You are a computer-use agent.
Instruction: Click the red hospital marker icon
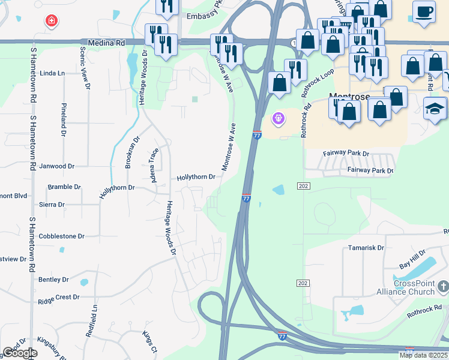(x=52, y=21)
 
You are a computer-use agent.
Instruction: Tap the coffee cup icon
(x=424, y=11)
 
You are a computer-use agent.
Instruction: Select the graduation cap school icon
(x=435, y=109)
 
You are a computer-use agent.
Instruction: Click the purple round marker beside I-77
(x=277, y=119)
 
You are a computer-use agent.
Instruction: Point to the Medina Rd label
(x=106, y=43)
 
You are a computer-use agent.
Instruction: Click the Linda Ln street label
(x=52, y=73)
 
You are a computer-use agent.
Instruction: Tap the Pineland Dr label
(x=64, y=119)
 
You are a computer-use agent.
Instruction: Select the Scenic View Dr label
(x=83, y=67)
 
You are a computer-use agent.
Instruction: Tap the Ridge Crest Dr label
(x=59, y=297)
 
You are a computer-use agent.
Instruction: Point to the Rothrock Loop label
(x=318, y=83)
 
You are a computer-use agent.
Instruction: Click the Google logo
(x=20, y=353)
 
